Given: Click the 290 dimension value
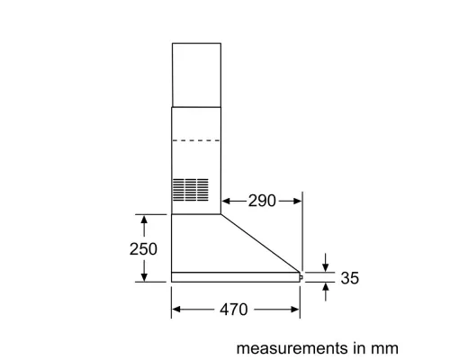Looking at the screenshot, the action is click(262, 201).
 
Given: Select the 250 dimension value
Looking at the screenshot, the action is click(143, 249).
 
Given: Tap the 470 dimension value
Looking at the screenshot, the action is click(234, 310).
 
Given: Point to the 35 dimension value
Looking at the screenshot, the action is click(350, 278).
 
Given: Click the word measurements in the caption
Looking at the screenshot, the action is click(292, 348).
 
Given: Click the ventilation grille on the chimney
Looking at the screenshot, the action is click(191, 190).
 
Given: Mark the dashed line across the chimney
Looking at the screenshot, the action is click(196, 140).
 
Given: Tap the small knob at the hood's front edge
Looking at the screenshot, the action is click(301, 277).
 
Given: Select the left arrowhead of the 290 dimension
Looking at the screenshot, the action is click(226, 201).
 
